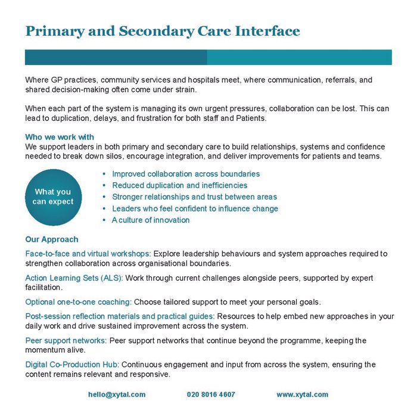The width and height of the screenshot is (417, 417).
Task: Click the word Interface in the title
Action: [x=266, y=31]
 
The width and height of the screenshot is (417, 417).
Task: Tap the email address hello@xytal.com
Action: [x=117, y=394]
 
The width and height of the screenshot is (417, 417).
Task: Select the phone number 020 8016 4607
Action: [x=211, y=394]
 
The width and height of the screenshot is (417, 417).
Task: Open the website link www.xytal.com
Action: [x=302, y=394]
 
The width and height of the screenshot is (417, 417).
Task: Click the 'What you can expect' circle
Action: [x=53, y=197]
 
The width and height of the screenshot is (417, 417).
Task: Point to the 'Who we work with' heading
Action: [x=60, y=137]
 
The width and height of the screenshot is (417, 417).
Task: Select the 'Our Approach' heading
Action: [x=52, y=239]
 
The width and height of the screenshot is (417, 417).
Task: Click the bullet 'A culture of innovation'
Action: [x=151, y=220]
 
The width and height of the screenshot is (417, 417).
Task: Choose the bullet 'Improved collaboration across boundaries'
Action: [x=186, y=174]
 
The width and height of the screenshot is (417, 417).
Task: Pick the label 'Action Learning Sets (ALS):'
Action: [x=74, y=278]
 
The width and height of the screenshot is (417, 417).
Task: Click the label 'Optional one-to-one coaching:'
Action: [x=78, y=301]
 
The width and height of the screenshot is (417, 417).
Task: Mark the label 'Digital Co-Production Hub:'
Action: [x=72, y=365]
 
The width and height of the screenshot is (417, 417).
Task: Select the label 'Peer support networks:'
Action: [x=66, y=341]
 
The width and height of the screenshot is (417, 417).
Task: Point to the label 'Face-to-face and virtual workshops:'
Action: [x=88, y=254]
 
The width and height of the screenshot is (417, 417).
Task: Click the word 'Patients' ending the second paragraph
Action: [x=250, y=119]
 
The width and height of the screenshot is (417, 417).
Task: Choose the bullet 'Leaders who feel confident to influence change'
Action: [x=195, y=208]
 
